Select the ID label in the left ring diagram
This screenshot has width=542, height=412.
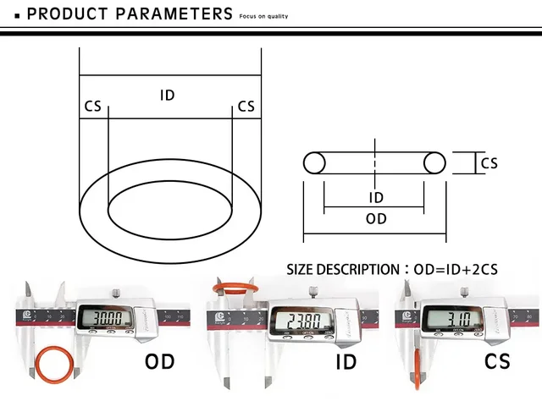[x=167, y=95]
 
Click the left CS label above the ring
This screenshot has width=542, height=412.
[x=92, y=107]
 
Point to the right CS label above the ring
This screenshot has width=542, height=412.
[x=246, y=107]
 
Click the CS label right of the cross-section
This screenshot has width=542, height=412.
[x=489, y=163]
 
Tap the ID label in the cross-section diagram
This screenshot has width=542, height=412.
[x=376, y=198]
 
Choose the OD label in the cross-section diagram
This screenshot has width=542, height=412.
[x=376, y=218]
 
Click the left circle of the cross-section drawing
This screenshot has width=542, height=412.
[x=314, y=163]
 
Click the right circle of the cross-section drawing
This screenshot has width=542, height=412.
[x=434, y=163]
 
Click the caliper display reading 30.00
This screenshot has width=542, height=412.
[x=106, y=320]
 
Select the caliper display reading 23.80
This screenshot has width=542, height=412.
[x=292, y=321]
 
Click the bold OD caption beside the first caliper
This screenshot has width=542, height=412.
[x=159, y=362]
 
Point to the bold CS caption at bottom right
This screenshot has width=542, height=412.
[x=497, y=362]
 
